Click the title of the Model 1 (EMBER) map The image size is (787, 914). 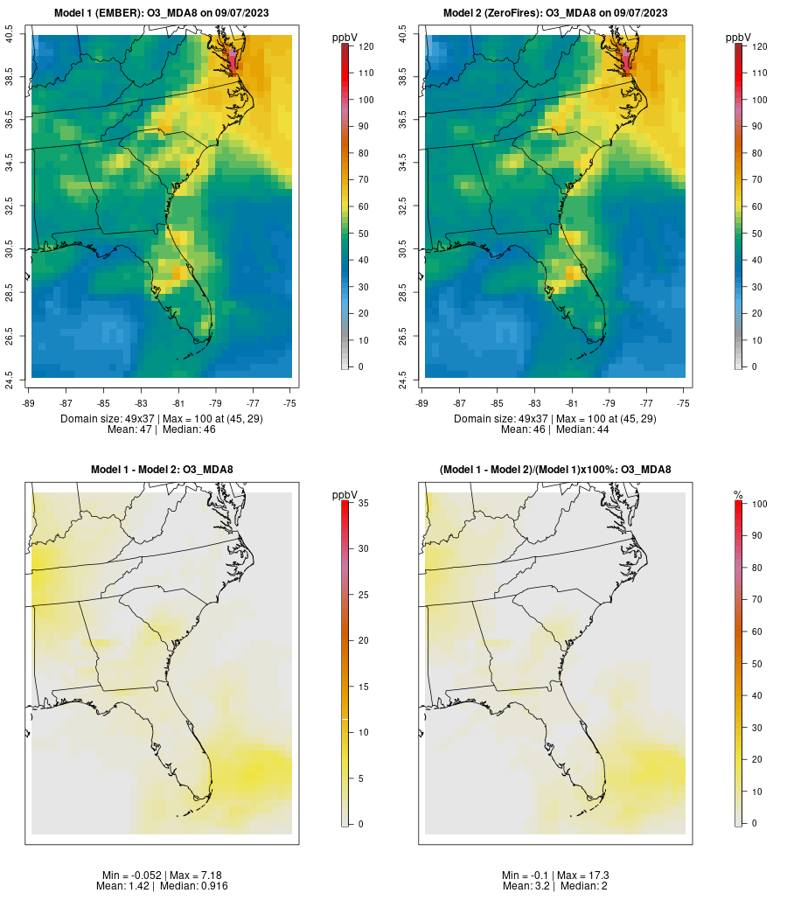(x=162, y=13)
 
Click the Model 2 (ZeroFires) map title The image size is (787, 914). (x=555, y=13)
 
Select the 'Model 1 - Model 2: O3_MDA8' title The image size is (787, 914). (x=162, y=470)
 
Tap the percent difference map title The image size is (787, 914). (x=555, y=470)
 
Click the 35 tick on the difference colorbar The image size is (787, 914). (x=362, y=503)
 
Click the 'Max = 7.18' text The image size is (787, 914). (x=192, y=876)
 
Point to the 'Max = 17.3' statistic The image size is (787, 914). (x=585, y=876)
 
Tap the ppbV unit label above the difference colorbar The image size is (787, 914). (x=346, y=495)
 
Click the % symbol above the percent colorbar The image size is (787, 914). (x=738, y=495)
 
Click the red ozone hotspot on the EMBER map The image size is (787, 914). (x=233, y=58)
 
